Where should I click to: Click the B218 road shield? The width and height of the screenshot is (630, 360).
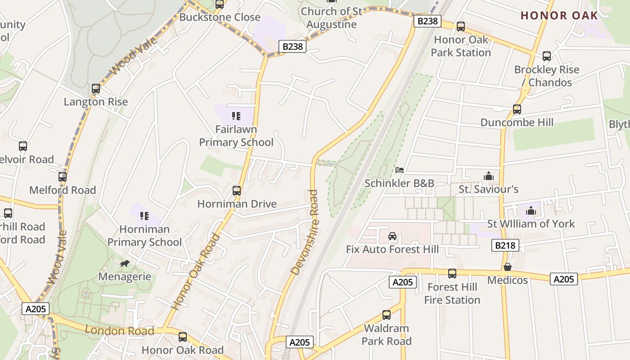point(505,245)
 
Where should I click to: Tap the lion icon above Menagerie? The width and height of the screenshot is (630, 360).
point(125,263)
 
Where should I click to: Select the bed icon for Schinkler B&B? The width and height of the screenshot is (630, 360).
point(399,170)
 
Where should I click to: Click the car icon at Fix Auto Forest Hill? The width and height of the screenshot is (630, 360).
point(392,236)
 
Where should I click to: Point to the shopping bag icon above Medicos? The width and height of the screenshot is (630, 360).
point(508,267)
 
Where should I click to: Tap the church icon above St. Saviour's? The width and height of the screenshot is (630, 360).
point(488,176)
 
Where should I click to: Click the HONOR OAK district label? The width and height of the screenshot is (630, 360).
point(559,15)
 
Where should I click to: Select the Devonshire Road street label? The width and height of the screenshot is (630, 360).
point(305,233)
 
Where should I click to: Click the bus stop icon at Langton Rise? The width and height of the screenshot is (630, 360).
point(96,89)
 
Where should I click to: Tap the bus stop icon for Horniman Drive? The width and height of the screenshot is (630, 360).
point(237,191)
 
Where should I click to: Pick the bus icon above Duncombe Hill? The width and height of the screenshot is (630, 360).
point(517,109)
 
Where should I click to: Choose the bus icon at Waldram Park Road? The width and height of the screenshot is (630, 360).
point(387,315)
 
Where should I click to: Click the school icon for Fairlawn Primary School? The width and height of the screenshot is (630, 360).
point(236,116)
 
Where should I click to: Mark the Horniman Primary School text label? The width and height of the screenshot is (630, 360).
point(144,236)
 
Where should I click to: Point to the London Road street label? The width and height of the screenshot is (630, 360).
point(120,331)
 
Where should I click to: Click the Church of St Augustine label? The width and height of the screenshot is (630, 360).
point(331,18)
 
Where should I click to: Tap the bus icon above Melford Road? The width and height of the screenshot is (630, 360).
point(63,177)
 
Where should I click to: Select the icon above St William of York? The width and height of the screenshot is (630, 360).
point(531,211)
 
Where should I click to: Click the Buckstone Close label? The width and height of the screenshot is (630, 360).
point(220,17)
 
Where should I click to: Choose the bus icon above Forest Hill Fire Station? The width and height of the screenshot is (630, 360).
point(452,274)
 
